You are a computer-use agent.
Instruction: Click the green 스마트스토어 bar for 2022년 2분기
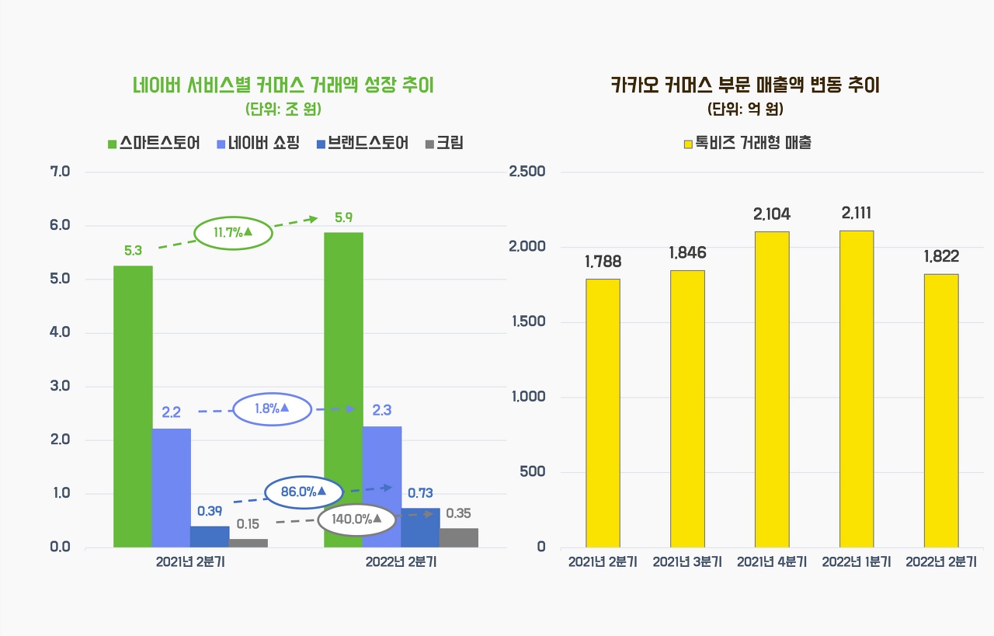(x=343, y=388)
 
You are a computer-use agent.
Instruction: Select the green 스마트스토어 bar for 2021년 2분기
(x=133, y=405)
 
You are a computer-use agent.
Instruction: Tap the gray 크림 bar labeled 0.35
(x=459, y=537)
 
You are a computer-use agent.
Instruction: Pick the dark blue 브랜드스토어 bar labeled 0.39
(x=210, y=537)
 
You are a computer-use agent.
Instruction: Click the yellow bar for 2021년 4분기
(x=772, y=388)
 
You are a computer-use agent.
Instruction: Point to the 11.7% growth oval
(x=233, y=232)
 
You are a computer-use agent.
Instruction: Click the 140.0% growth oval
(x=357, y=520)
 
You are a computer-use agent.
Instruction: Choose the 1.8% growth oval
(x=272, y=408)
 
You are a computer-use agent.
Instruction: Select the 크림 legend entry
(x=445, y=144)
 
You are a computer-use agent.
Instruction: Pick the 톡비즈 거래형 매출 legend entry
(x=748, y=143)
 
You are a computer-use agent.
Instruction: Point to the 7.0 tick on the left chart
(x=60, y=171)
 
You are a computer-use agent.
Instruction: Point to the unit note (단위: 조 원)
(x=283, y=108)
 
